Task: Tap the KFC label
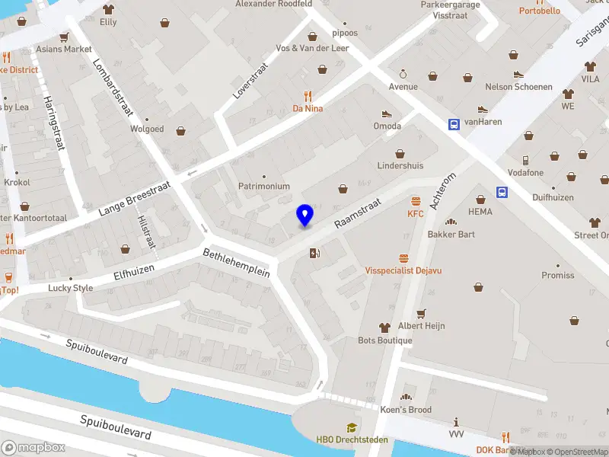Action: click(x=415, y=214)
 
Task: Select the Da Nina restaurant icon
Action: click(x=308, y=96)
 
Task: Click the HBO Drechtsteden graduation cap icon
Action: click(x=352, y=427)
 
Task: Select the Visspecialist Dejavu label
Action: click(x=403, y=270)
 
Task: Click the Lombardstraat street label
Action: click(x=113, y=87)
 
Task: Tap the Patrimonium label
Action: click(x=264, y=186)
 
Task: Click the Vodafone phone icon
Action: click(x=525, y=160)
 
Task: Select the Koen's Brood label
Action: click(x=406, y=410)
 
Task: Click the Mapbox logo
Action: click(x=33, y=447)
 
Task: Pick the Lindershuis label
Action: click(x=400, y=165)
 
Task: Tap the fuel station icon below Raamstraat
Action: click(x=314, y=253)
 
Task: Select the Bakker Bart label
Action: click(x=451, y=234)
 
